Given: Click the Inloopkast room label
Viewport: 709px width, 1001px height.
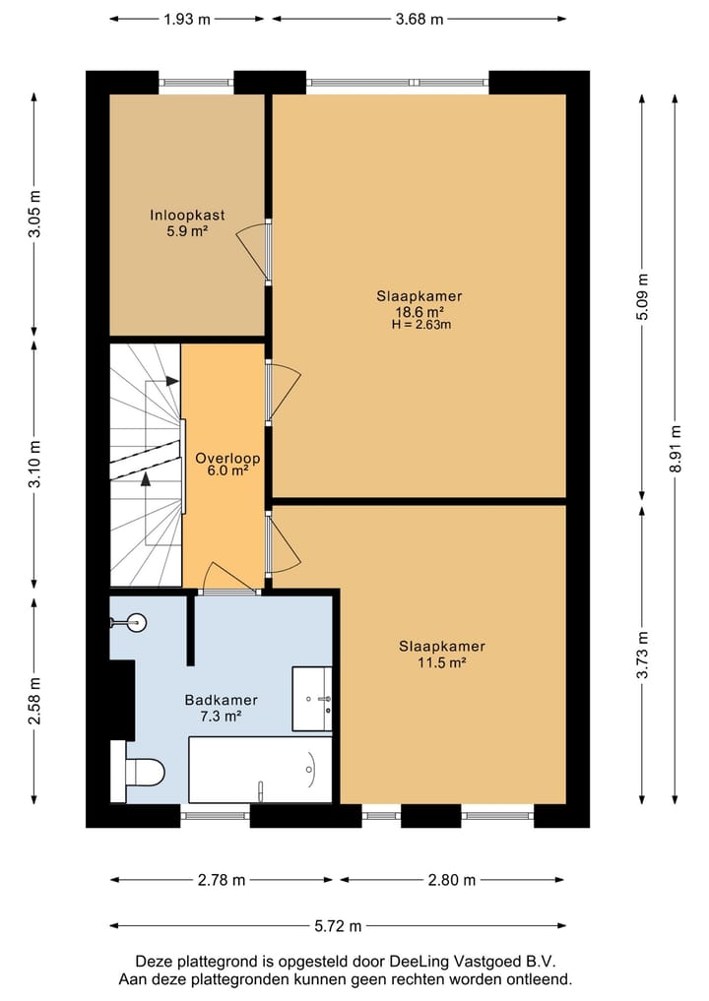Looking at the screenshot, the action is click(x=187, y=216).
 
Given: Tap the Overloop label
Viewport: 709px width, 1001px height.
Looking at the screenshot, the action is click(x=227, y=458).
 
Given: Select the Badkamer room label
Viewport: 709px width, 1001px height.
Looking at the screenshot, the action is click(x=221, y=700).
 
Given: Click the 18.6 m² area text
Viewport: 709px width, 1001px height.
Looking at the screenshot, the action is click(x=419, y=312).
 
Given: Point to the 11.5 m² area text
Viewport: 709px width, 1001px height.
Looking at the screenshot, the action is click(x=442, y=662).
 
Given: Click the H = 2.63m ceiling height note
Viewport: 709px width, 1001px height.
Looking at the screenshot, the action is click(x=420, y=325).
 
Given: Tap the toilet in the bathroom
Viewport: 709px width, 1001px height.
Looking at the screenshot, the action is click(x=138, y=771).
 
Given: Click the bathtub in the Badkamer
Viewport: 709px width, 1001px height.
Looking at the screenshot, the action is click(x=261, y=770).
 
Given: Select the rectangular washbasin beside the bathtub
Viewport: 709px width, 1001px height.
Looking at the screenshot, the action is click(x=312, y=699).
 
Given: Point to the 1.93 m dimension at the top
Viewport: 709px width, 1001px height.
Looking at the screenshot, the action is click(x=186, y=19).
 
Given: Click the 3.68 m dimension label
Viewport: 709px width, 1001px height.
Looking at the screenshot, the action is click(x=419, y=19).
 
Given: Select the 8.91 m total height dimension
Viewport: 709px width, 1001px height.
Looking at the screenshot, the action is click(x=676, y=449).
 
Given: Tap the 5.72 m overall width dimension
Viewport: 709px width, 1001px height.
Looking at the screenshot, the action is click(x=338, y=925).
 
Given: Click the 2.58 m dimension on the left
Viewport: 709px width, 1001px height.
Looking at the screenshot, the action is click(x=34, y=701).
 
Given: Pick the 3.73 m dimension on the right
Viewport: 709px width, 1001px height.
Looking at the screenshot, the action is click(x=643, y=655).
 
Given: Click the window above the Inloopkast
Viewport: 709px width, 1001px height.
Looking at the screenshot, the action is click(x=196, y=83).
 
